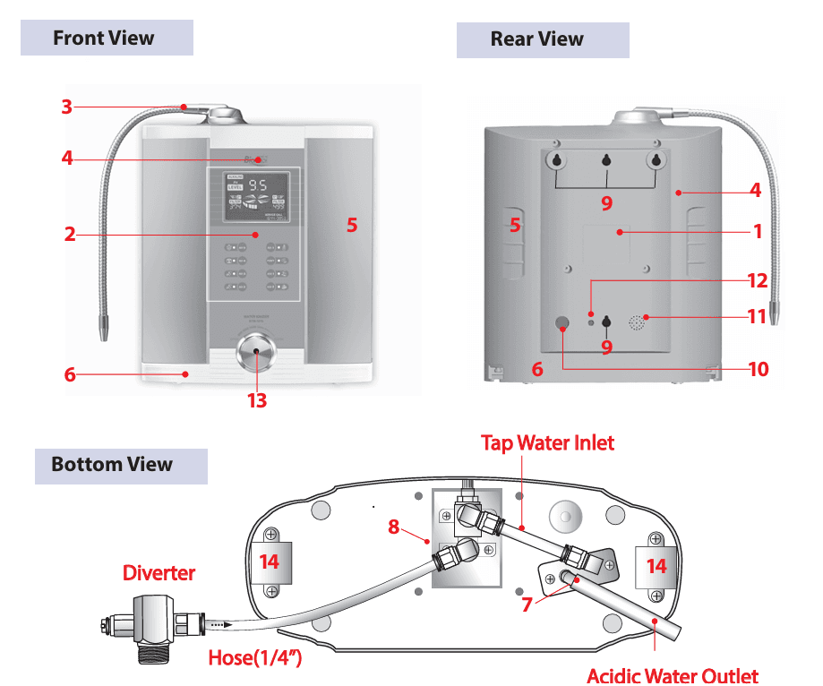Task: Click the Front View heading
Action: (x=103, y=39)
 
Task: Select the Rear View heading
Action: (x=536, y=39)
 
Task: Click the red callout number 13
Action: (x=256, y=400)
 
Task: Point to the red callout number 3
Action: (x=66, y=107)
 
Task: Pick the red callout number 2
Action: (x=69, y=236)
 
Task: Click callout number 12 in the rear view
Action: (x=757, y=280)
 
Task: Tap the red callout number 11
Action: (x=757, y=315)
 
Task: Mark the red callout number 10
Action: (x=758, y=368)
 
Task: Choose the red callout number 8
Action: (x=393, y=527)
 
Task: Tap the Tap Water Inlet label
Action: (x=547, y=442)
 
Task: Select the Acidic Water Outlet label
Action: (x=672, y=676)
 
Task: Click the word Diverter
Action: (x=158, y=572)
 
